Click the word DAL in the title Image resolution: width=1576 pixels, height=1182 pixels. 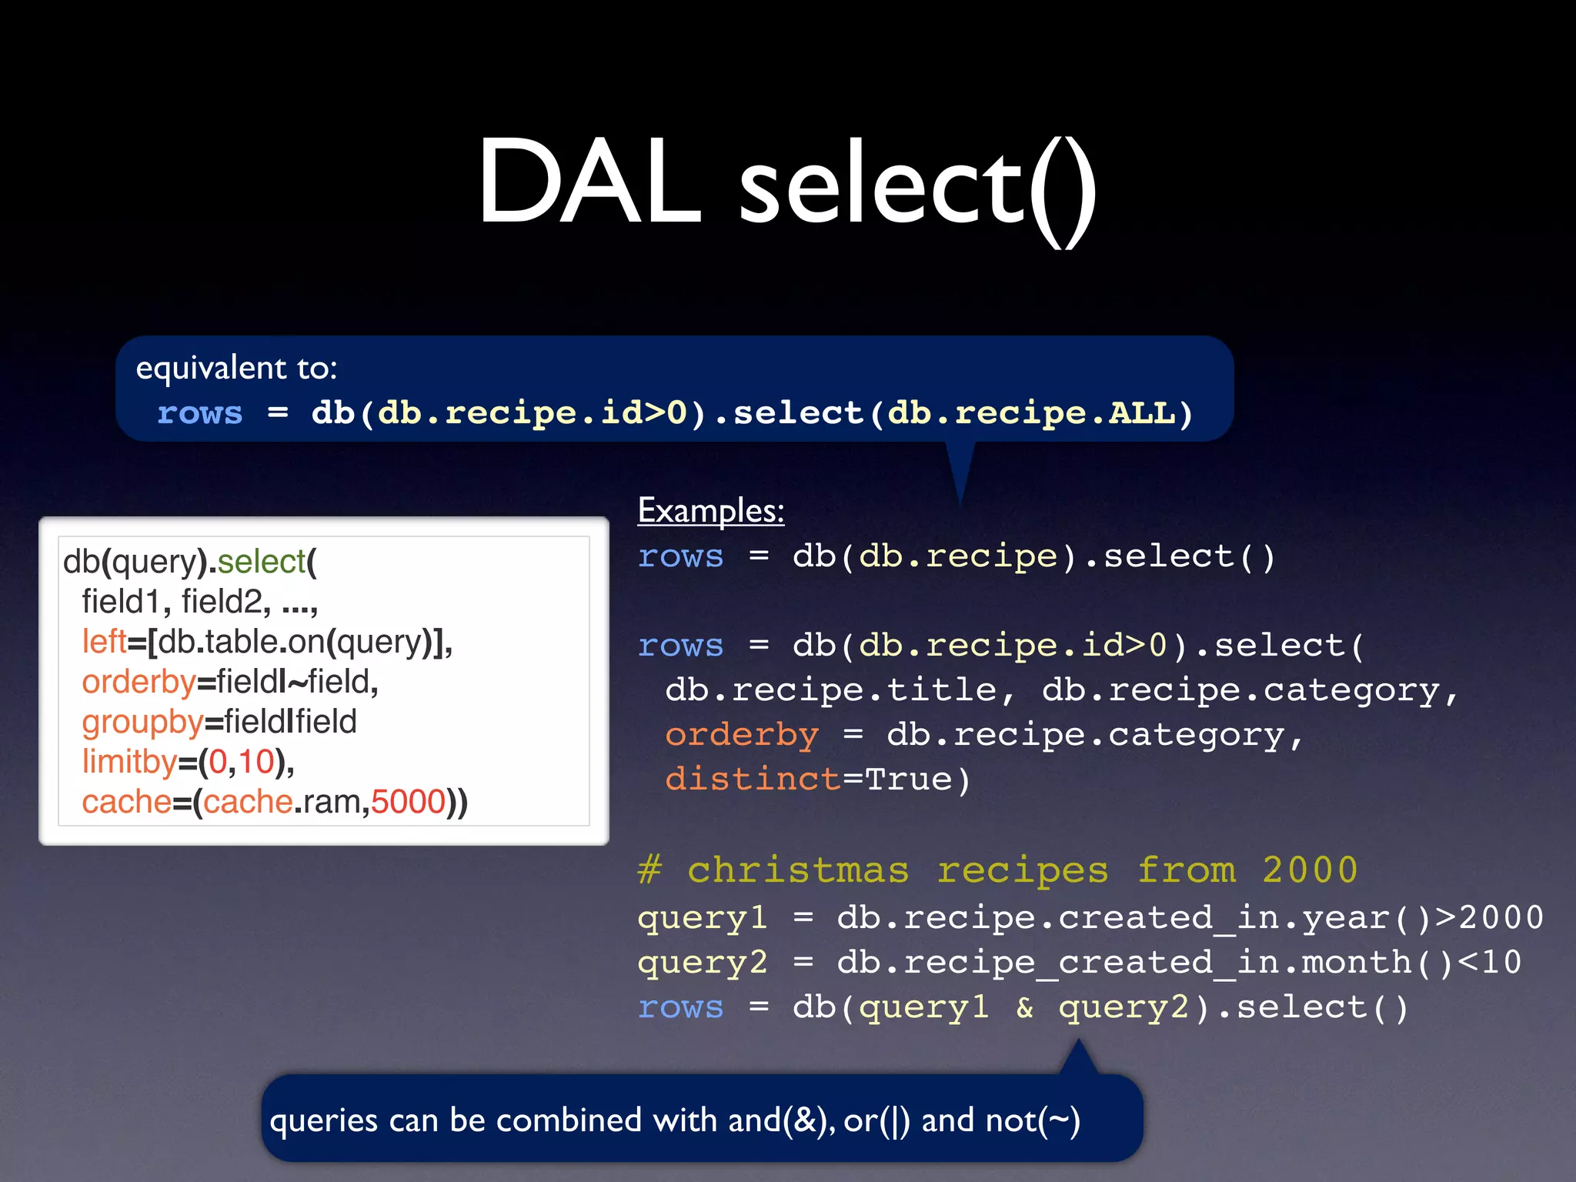pos(589,183)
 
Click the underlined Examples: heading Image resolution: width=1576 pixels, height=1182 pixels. pos(710,511)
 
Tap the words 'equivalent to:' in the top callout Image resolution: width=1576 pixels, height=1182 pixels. pos(236,368)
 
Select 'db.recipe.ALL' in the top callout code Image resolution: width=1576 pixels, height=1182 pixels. pos(1031,413)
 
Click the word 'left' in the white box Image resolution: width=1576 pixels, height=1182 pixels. pos(104,642)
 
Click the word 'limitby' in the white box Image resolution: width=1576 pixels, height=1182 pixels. pos(129,763)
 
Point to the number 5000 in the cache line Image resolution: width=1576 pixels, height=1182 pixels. pos(408,803)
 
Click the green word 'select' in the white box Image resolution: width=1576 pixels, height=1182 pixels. pos(262,562)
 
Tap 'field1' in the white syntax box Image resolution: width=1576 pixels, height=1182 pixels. pos(120,602)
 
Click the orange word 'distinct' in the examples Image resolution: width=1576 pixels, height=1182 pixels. pos(753,780)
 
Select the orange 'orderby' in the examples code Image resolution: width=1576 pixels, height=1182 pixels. pos(741,735)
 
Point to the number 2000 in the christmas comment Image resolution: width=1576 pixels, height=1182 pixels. pos(1310,870)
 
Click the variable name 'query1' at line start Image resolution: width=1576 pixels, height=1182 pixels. pos(702,918)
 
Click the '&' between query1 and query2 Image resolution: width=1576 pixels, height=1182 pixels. pos(1024,1007)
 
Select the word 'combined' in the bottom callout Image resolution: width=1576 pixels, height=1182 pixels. pos(569,1120)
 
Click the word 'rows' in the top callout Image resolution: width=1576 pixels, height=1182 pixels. pos(199,413)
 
